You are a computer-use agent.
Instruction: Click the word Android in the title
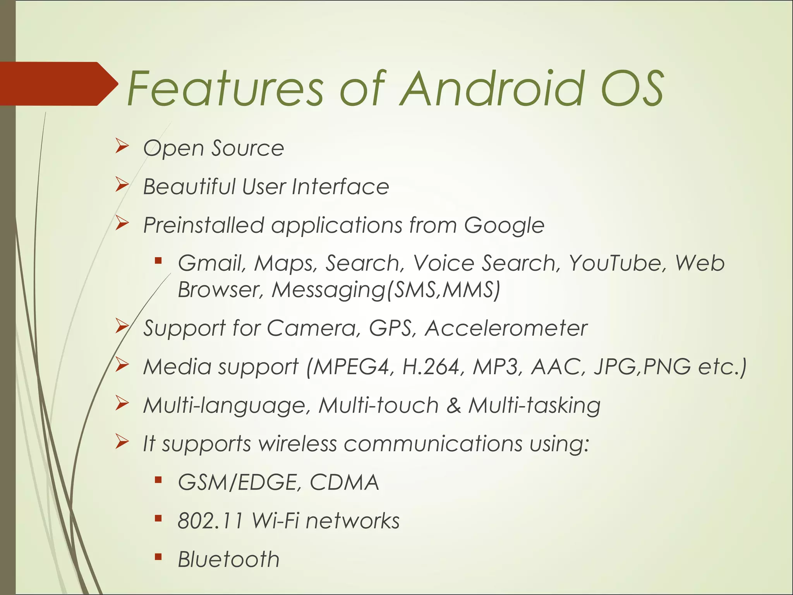(x=492, y=89)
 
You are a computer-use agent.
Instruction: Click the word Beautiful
(x=189, y=187)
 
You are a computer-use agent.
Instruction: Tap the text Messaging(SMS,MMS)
(x=386, y=290)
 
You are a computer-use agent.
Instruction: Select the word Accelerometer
(x=506, y=328)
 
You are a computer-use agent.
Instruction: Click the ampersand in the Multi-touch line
(x=453, y=405)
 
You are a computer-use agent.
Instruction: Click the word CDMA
(x=344, y=482)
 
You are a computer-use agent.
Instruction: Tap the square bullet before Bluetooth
(x=158, y=557)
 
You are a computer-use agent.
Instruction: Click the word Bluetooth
(x=228, y=559)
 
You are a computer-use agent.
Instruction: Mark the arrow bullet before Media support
(x=122, y=365)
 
